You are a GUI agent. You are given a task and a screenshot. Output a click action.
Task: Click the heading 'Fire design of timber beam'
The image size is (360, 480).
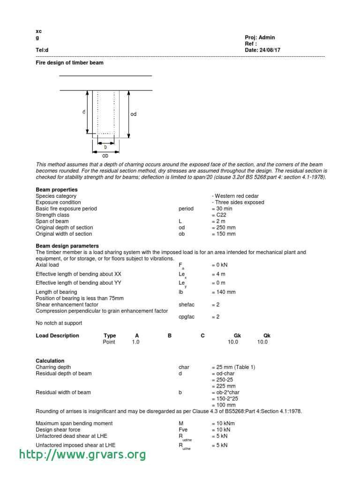tap(69, 62)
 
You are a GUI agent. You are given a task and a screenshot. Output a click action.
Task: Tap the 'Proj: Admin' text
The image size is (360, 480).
tap(260, 37)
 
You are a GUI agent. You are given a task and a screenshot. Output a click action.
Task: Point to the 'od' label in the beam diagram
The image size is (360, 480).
tap(134, 114)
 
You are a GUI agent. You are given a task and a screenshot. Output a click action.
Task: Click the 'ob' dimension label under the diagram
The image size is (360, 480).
tap(105, 155)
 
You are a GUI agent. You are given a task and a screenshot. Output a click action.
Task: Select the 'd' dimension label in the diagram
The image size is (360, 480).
tap(83, 112)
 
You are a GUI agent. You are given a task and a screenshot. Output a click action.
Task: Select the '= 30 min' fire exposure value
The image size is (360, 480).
tap(222, 209)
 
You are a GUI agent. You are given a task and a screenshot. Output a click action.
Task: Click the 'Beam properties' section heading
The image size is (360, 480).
tap(57, 189)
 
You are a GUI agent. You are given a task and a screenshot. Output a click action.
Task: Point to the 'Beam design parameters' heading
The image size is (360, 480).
tap(67, 246)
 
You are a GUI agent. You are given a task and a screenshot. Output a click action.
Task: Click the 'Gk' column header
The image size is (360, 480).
tap(237, 336)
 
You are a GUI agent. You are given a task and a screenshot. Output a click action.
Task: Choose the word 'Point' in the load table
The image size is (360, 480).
tap(109, 342)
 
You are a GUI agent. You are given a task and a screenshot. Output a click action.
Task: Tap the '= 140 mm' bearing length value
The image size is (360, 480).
tap(224, 292)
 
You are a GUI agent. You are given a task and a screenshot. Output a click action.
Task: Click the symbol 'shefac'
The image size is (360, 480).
tap(187, 305)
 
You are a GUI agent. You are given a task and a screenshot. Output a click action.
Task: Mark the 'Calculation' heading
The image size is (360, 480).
tap(50, 361)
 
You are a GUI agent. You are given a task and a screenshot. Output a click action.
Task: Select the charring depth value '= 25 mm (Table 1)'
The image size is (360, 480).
tap(233, 367)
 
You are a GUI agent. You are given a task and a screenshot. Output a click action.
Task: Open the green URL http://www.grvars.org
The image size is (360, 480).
tap(82, 454)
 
